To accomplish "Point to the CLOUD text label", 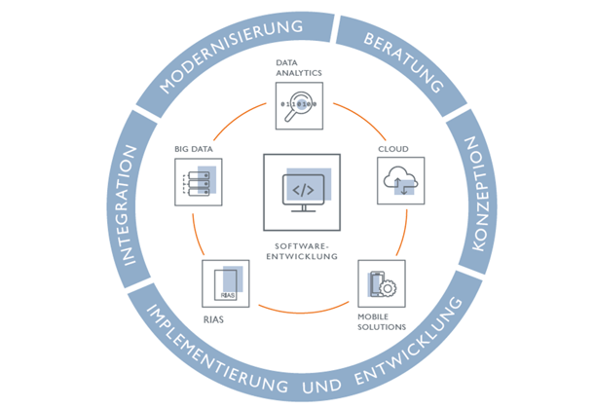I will [x=392, y=149].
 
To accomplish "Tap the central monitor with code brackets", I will [x=301, y=191].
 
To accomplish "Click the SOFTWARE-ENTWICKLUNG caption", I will [x=301, y=251].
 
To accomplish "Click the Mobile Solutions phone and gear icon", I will [x=381, y=284].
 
